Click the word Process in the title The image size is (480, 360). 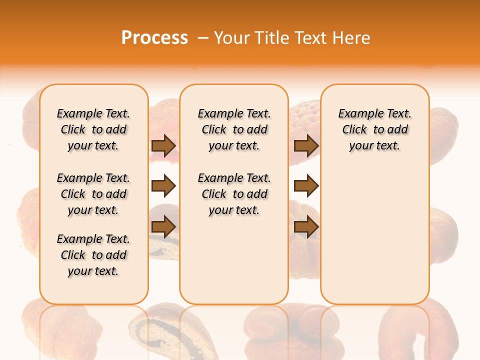[154, 38]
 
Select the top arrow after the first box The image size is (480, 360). [163, 146]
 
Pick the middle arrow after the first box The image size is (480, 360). [163, 186]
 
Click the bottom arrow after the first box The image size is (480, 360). [163, 227]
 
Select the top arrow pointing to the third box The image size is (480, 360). [306, 146]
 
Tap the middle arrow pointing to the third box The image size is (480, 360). [306, 186]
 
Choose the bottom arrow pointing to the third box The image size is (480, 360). [306, 227]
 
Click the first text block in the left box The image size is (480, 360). [93, 129]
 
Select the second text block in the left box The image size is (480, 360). [93, 194]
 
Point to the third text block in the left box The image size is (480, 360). [93, 255]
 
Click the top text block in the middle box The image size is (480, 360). [234, 129]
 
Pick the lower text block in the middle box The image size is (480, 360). [234, 194]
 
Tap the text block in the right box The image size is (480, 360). [375, 129]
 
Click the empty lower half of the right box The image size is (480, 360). [375, 235]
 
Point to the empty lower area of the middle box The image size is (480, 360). [234, 260]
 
